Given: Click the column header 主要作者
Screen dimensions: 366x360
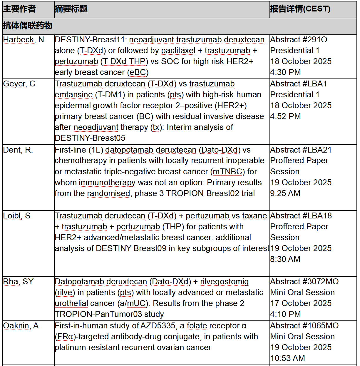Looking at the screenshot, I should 19,9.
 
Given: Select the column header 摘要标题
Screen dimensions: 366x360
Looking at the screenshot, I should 71,9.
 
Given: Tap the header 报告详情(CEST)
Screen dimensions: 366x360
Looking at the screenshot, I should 300,9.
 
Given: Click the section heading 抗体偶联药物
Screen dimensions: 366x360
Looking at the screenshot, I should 28,26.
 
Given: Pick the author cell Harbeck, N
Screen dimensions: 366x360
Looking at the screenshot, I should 24,40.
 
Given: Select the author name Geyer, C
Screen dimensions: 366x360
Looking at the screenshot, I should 19,84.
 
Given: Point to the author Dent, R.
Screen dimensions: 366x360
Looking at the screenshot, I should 18,150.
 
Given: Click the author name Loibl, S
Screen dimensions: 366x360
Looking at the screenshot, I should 17,216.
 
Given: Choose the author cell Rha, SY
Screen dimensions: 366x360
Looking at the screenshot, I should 18,282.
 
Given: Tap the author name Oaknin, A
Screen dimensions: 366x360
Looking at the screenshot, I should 21,326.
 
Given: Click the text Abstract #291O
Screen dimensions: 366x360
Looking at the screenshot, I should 299,40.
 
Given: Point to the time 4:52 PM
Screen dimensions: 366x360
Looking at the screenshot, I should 286,116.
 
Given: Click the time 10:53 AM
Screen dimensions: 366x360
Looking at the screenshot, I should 288,358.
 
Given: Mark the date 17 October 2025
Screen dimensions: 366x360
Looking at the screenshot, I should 301,303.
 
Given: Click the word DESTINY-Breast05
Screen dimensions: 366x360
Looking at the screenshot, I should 90,138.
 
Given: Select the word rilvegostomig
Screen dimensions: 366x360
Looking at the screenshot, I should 224,282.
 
